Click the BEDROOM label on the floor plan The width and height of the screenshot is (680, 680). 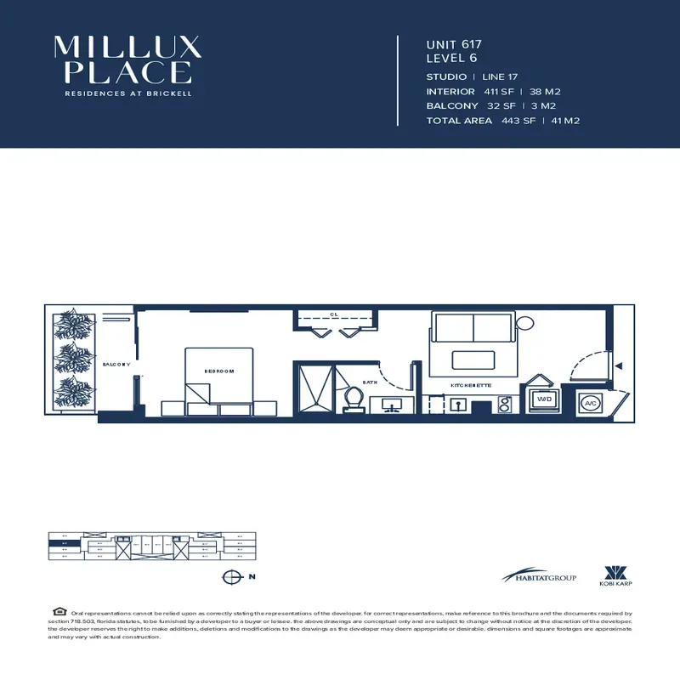218,371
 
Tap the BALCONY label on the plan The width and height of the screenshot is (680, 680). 116,364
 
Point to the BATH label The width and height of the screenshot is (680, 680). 371,382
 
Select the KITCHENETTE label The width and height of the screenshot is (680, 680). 471,385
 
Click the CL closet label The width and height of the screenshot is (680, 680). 334,314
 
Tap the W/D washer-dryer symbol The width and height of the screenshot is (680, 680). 544,398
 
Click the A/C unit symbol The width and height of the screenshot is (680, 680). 590,403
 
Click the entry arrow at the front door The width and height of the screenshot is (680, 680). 619,366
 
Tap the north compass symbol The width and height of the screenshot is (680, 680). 229,577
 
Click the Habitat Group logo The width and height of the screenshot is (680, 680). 539,577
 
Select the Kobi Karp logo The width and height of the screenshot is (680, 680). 615,575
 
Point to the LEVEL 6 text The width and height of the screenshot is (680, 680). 453,59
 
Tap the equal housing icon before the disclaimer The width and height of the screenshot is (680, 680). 59,611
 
